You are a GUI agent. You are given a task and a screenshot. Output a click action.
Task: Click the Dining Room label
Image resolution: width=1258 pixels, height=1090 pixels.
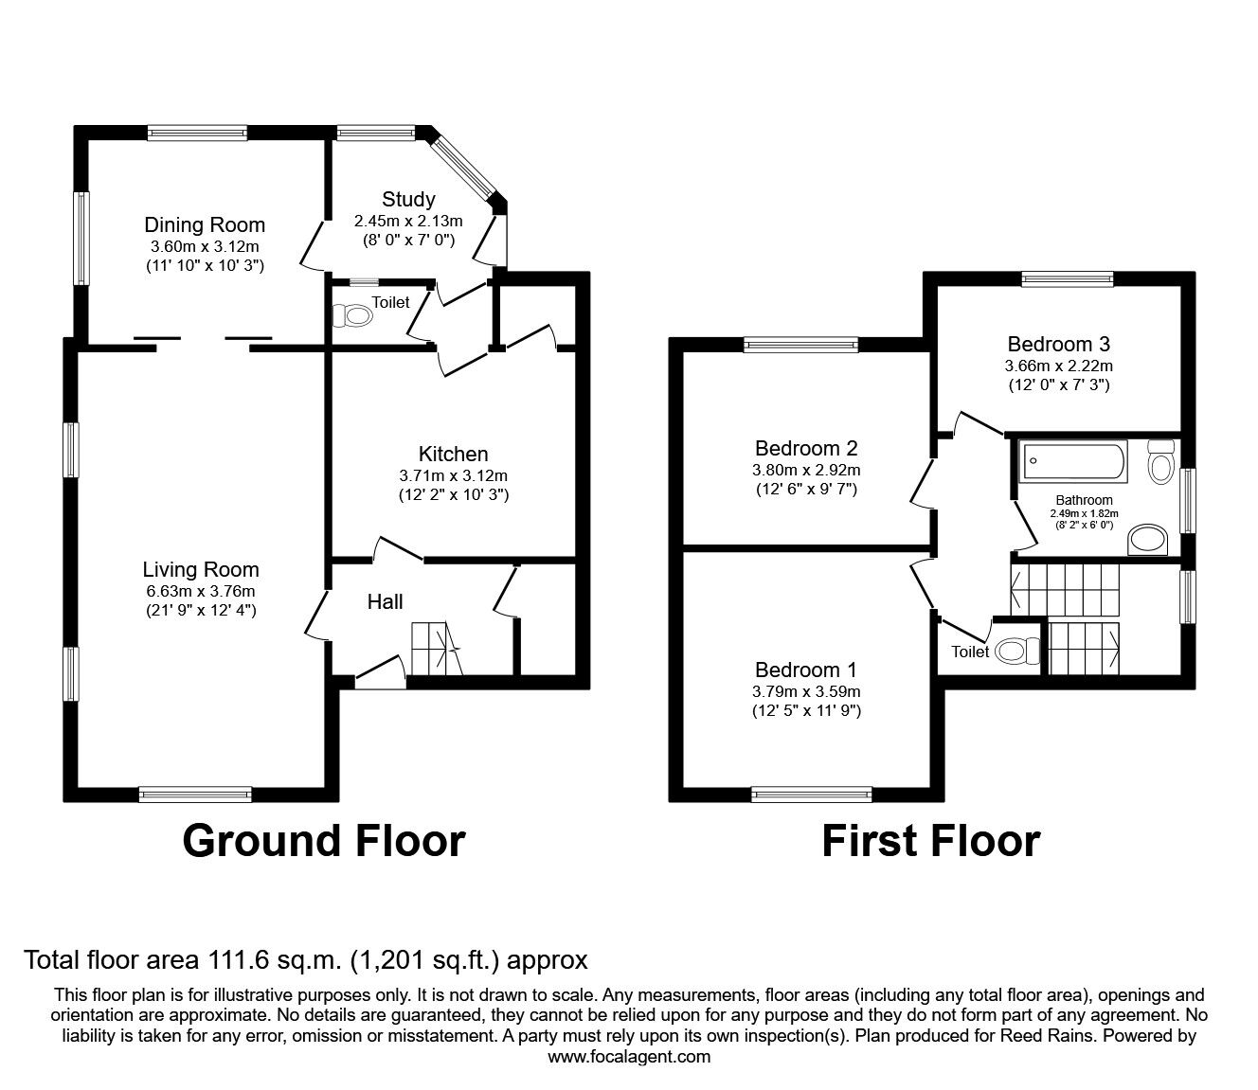point(205,225)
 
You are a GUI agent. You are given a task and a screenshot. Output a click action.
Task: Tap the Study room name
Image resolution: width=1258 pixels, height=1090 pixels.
point(408,199)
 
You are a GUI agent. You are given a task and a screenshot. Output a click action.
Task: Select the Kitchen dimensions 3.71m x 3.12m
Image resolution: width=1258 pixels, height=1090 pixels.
point(454,475)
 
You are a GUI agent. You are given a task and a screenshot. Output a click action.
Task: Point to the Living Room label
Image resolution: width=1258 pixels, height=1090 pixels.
point(201,570)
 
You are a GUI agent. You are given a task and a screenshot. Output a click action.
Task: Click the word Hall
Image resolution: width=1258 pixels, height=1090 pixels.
point(385,602)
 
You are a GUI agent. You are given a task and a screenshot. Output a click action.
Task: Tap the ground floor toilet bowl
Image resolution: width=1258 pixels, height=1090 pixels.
point(352,316)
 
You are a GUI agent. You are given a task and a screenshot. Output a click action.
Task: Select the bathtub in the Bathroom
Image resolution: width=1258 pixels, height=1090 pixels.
point(1075,460)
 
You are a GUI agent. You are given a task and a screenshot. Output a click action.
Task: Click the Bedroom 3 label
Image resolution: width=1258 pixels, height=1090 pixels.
point(1058,345)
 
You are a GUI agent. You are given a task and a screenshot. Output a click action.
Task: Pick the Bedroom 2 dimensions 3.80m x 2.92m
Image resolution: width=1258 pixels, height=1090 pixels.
point(806,470)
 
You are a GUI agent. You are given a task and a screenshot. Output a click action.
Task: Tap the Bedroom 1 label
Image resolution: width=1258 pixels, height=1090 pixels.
point(806,670)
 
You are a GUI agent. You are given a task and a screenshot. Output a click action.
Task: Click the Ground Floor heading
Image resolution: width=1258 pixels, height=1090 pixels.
point(324,842)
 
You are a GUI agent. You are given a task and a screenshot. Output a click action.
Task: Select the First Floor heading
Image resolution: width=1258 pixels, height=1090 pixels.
point(931,842)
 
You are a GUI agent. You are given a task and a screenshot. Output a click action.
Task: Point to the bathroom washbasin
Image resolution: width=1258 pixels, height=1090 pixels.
point(1148,540)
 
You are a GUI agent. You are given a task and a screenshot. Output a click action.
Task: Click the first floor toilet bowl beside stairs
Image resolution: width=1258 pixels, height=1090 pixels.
point(1017,652)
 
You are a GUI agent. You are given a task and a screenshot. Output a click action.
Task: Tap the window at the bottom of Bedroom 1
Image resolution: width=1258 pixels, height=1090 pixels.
point(811,795)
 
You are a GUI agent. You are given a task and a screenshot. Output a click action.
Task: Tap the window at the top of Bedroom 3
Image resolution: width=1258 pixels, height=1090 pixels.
point(1068,279)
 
